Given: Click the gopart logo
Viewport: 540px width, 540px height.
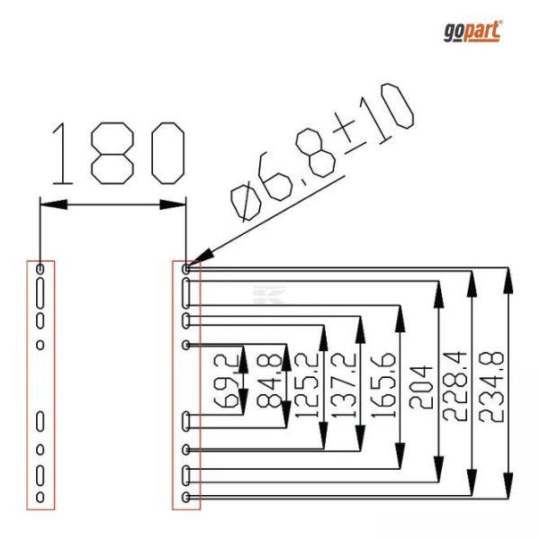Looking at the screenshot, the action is [472, 31].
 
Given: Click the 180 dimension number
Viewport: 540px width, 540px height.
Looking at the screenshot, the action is [119, 153].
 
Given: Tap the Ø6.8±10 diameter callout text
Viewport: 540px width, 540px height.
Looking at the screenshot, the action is [322, 152].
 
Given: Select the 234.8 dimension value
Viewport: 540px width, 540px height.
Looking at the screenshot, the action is [491, 387].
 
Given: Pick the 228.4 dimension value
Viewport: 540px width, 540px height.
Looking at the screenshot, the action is [454, 386].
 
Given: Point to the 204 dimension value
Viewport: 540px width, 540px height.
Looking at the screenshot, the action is [420, 387].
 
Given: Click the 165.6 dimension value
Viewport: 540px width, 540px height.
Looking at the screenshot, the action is [383, 385].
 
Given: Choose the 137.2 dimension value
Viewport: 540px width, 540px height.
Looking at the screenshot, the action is [344, 385].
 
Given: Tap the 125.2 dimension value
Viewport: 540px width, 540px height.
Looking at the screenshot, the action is [307, 385].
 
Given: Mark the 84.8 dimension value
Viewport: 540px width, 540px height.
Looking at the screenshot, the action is [269, 381].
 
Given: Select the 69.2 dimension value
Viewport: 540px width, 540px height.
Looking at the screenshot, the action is [226, 381].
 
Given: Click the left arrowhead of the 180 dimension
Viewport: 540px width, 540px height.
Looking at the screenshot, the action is [54, 204].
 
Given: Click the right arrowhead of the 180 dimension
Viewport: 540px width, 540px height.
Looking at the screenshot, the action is [173, 204].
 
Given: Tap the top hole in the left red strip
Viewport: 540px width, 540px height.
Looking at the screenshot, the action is [40, 269].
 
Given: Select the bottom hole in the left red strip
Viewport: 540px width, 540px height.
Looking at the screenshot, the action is [40, 497].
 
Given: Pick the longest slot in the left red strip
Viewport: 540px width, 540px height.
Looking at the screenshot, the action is [40, 293].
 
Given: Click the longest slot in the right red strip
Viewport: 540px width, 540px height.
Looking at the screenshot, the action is [186, 293].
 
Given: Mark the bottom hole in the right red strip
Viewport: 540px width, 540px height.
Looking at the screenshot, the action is [186, 497].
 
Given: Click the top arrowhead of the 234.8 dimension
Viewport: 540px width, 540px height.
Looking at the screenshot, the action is [508, 281].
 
